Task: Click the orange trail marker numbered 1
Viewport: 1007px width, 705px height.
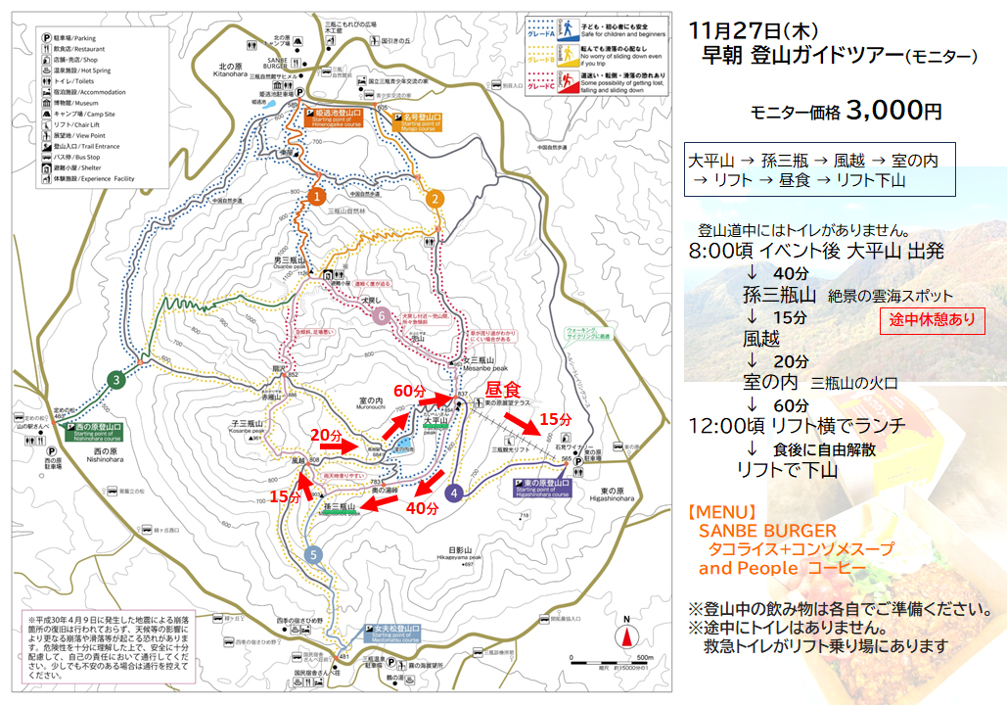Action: click(x=315, y=196)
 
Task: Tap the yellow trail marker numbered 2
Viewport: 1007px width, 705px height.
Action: click(x=435, y=199)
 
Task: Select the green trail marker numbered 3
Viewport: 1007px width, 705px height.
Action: click(x=116, y=380)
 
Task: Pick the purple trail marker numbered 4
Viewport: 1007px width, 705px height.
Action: click(x=453, y=493)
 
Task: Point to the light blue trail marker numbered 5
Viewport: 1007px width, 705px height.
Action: click(x=313, y=554)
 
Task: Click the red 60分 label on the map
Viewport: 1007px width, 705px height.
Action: click(x=411, y=392)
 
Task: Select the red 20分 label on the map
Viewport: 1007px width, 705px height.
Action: click(x=328, y=434)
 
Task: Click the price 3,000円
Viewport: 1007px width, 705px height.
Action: click(x=894, y=111)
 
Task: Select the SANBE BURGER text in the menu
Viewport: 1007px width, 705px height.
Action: click(x=767, y=531)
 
